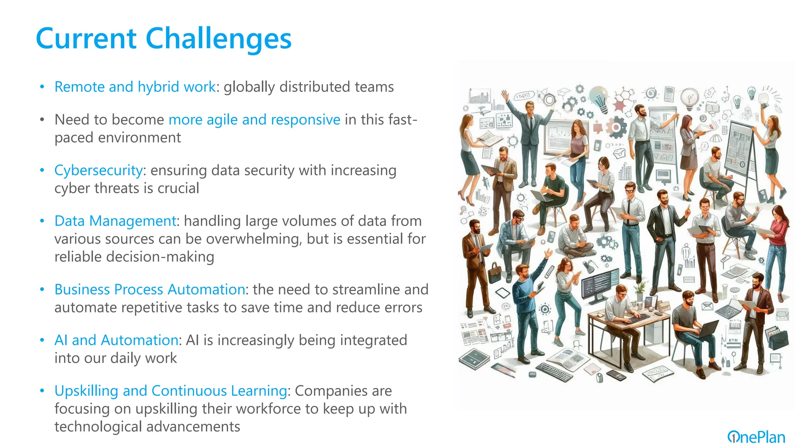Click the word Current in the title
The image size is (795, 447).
point(86,39)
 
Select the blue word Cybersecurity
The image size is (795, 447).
point(98,170)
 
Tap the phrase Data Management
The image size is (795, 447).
point(115,221)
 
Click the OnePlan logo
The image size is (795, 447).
point(756,437)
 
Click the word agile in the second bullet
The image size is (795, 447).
point(222,120)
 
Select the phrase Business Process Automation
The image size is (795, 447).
point(149,289)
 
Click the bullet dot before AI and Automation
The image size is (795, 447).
point(42,340)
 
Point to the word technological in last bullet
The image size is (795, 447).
point(99,426)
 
